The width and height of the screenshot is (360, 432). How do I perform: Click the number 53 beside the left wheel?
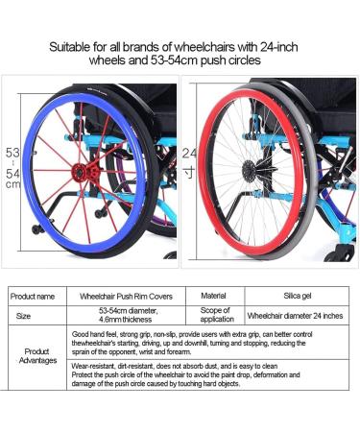[12, 153]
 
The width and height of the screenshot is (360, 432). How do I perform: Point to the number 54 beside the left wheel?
[12, 173]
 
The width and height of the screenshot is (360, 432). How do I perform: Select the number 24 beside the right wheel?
[189, 153]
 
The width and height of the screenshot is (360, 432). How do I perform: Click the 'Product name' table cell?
[36, 297]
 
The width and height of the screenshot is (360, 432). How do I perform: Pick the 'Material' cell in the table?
[214, 297]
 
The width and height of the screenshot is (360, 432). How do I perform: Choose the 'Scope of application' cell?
[214, 314]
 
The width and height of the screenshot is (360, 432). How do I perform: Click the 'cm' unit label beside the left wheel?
[12, 184]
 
